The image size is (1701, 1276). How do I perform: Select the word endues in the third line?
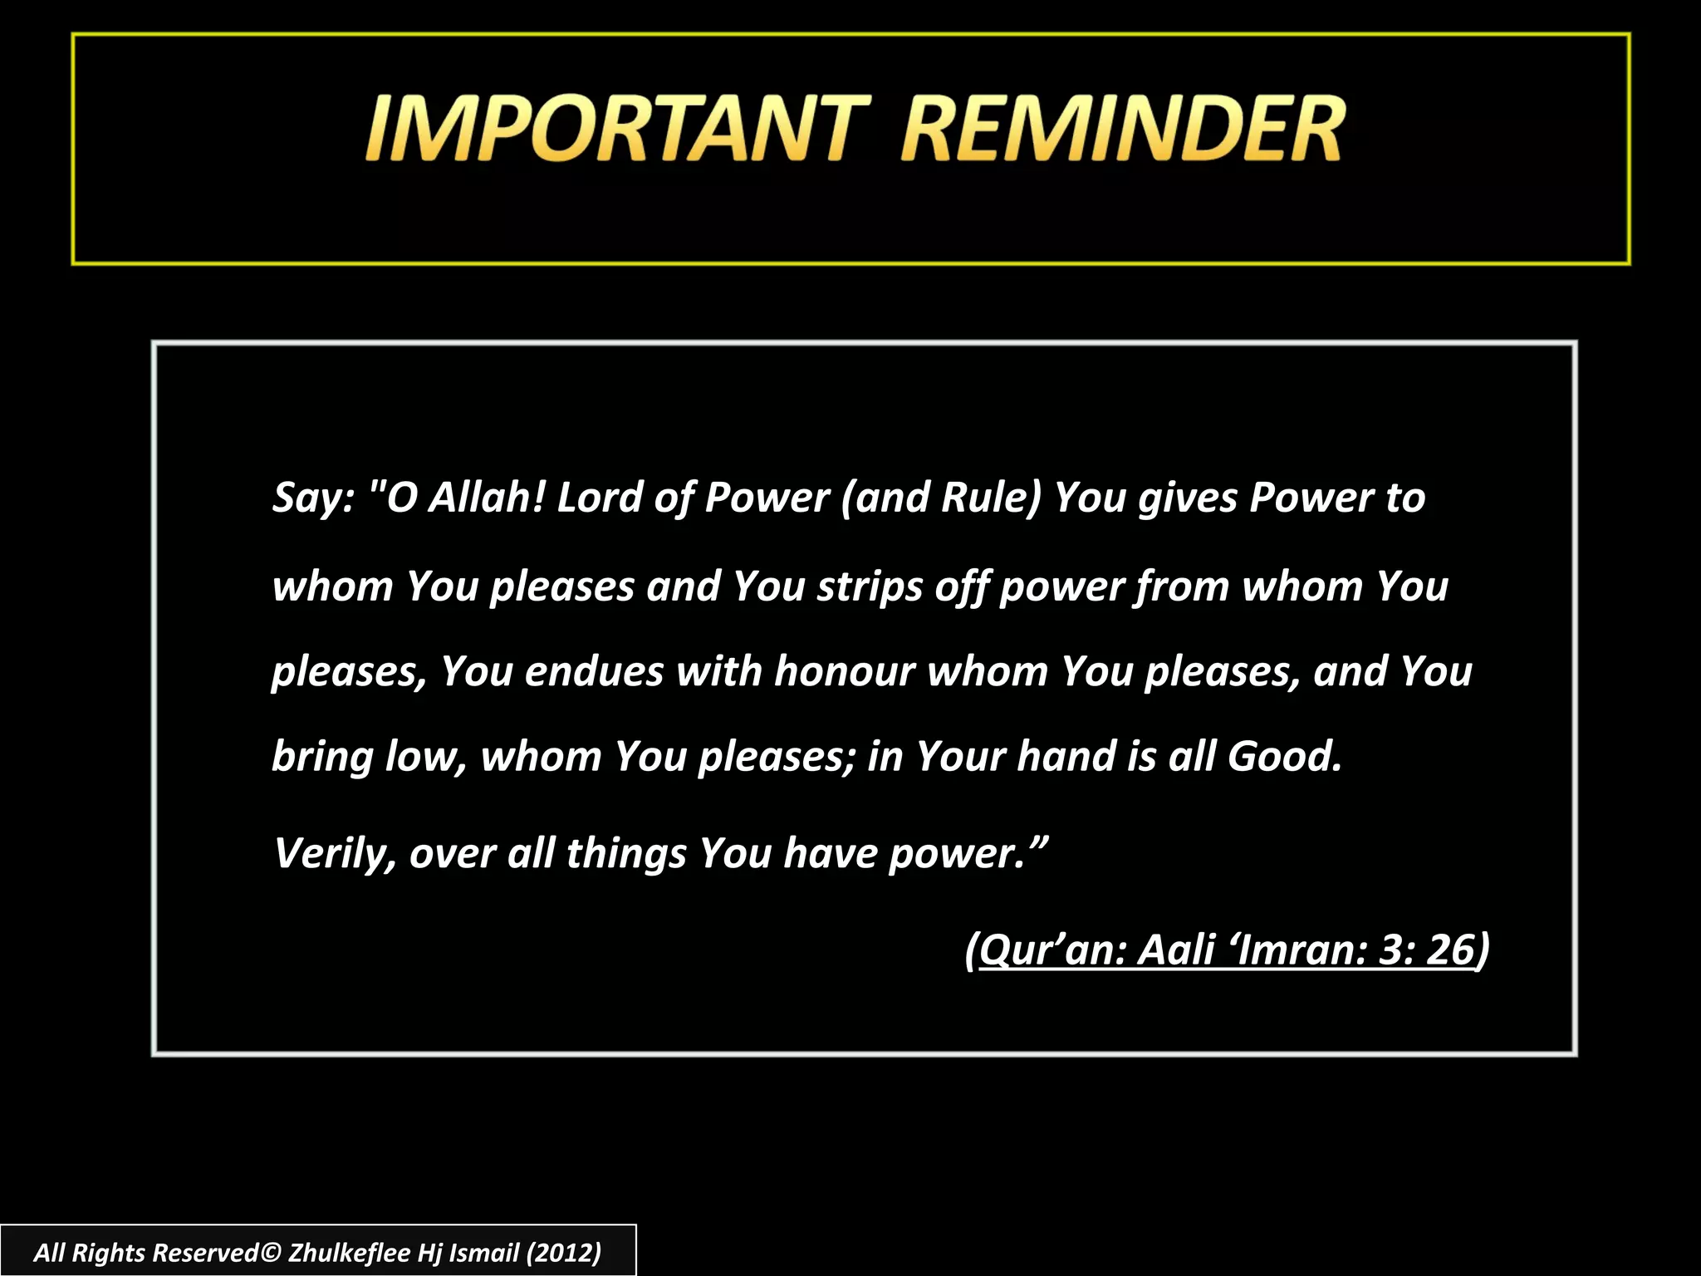pyautogui.click(x=594, y=671)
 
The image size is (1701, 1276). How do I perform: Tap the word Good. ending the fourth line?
pyautogui.click(x=1284, y=756)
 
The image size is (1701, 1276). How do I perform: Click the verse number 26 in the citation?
pyautogui.click(x=1449, y=950)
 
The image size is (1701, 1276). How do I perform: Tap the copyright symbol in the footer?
pyautogui.click(x=272, y=1253)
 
